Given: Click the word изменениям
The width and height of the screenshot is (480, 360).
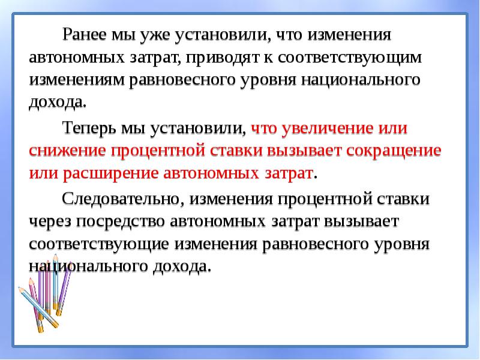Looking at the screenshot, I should (x=76, y=80).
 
